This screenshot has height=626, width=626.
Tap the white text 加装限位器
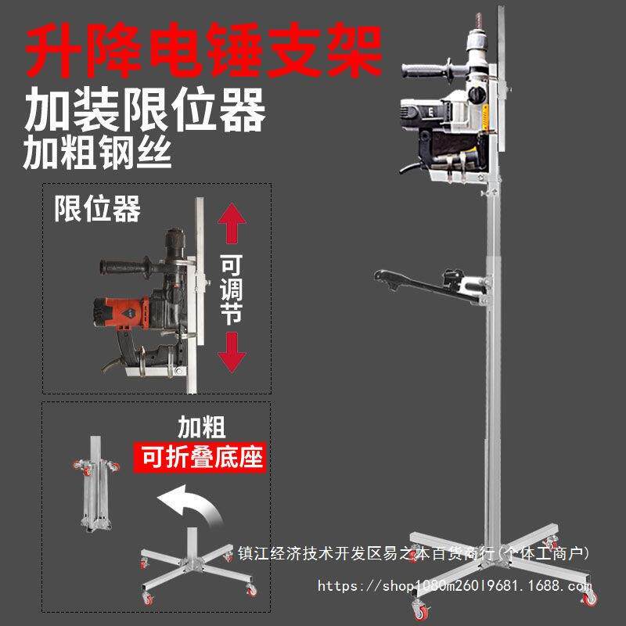click(144, 110)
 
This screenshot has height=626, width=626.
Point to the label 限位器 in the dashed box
click(97, 209)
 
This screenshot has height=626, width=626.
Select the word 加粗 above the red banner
click(201, 427)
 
